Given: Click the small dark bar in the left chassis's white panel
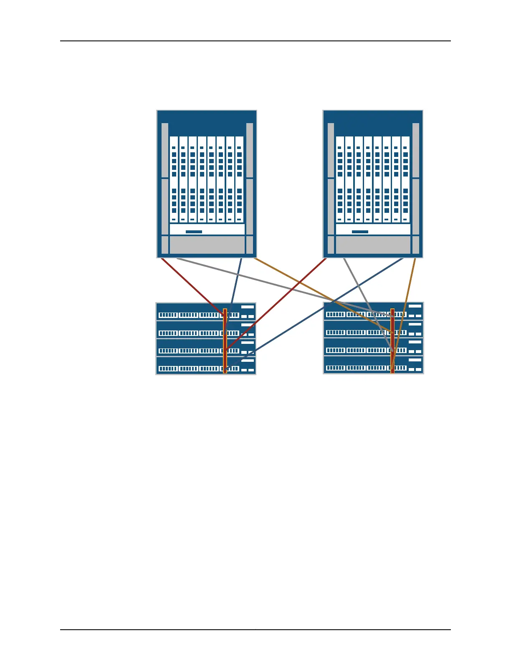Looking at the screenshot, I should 194,232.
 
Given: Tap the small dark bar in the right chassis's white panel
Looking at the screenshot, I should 360,232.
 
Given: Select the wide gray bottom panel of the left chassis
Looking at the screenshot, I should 207,245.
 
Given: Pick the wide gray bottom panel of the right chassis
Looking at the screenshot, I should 373,245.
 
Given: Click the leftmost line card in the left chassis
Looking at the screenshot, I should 174,179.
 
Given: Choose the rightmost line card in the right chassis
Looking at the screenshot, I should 405,179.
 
